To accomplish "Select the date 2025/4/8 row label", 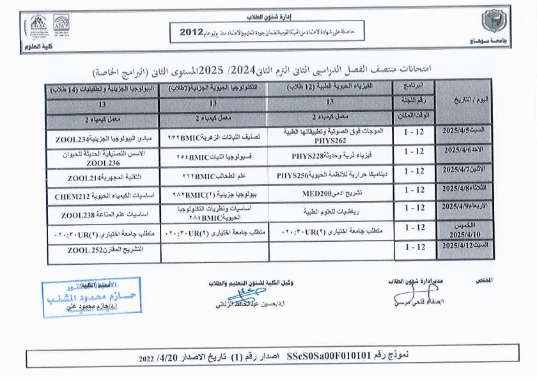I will tap(463, 189).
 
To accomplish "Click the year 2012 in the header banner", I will tap(193, 31).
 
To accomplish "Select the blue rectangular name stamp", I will tap(91, 297).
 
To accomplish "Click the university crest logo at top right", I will tap(494, 22).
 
